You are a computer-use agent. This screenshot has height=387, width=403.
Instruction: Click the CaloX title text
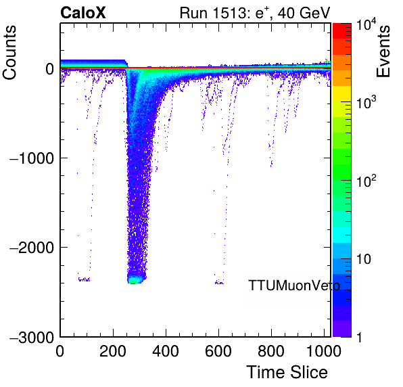83,13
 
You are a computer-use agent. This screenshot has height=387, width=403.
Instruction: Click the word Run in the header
193,13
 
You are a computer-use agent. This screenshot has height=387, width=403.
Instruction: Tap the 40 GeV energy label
304,13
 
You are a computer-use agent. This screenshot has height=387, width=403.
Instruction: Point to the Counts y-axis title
9,53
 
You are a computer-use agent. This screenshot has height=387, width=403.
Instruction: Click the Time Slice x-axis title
287,372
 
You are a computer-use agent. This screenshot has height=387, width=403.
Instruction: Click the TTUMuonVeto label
294,286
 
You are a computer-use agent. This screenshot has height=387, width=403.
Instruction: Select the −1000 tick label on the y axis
32,158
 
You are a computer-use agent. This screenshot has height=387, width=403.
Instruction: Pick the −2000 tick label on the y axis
32,248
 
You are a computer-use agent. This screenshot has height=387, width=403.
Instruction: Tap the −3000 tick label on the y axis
32,337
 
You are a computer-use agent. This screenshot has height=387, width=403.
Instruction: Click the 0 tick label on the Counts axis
49,69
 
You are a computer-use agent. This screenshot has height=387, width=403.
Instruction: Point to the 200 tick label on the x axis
113,351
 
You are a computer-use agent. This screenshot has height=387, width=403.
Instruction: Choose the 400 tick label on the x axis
166,351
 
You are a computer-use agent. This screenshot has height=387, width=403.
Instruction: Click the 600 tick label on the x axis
218,351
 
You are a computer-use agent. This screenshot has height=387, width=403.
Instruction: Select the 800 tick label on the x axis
271,351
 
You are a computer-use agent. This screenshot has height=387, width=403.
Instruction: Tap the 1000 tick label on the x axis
324,351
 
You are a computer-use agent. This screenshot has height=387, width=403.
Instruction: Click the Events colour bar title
383,51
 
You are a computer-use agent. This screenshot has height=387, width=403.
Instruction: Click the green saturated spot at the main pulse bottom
133,281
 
